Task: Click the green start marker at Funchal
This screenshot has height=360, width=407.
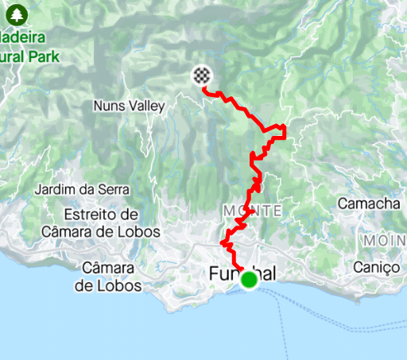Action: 249,280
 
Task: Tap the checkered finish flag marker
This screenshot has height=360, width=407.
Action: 203,75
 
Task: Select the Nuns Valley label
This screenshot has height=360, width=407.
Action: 128,106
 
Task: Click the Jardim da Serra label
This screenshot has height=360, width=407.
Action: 83,189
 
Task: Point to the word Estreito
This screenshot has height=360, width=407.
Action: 91,215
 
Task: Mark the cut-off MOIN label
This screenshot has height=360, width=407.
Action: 385,240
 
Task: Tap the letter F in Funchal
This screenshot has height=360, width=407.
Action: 215,274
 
